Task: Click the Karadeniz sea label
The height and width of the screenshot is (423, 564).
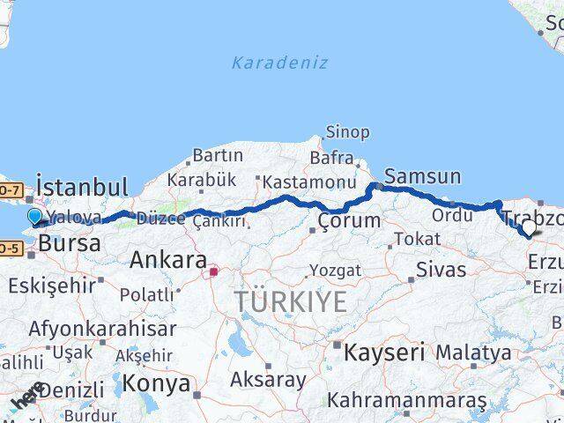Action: (279, 63)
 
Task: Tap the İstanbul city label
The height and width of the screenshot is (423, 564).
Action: (82, 187)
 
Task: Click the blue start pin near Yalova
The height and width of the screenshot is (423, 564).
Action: (35, 217)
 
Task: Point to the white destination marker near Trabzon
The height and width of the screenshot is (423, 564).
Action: (529, 229)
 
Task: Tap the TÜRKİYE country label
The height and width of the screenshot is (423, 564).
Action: (291, 302)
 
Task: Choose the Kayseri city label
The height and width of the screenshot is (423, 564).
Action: (384, 352)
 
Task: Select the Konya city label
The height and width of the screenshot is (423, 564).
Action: (156, 383)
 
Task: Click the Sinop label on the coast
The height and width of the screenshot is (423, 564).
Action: (347, 132)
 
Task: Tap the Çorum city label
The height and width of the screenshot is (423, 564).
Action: (350, 220)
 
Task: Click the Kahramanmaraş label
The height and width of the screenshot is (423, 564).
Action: (406, 400)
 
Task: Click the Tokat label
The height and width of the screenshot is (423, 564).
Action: (417, 239)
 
